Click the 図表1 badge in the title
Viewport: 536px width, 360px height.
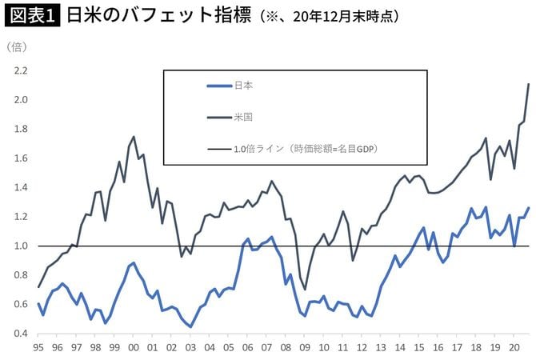coord(31,15)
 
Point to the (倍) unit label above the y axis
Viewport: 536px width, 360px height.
coord(16,47)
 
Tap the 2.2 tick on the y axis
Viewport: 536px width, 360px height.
coord(20,70)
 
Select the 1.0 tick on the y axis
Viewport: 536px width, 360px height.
coord(20,246)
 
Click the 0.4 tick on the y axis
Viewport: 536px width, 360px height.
coord(20,334)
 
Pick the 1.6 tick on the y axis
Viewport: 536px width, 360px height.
coord(20,158)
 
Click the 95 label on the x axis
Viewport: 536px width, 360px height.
coord(38,350)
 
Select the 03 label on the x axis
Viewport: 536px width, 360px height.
coord(190,350)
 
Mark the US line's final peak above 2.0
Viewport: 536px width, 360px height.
coord(529,84)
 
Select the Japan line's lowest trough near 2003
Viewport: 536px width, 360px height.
coord(190,326)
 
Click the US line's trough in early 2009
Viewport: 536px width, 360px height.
coord(304,290)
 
